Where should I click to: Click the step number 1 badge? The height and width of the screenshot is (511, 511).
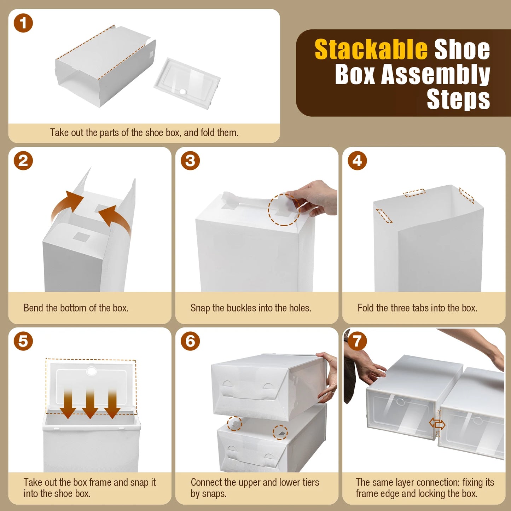23,23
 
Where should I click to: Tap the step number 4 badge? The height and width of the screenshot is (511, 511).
357,161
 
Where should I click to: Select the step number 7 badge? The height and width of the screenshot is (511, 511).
357,341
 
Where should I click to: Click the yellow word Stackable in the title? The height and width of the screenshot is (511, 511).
371,50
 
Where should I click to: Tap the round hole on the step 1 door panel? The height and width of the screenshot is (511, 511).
183,92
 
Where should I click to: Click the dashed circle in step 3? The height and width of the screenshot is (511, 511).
284,210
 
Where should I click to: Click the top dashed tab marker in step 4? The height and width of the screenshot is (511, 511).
414,193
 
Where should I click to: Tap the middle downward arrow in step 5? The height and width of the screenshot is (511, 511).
90,403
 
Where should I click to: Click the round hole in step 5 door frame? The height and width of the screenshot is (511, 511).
92,371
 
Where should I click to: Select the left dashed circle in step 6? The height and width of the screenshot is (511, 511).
234,423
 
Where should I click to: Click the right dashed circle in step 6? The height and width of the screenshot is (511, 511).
280,432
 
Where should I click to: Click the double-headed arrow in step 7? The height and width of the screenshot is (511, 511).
437,423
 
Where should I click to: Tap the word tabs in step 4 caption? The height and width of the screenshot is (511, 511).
420,308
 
